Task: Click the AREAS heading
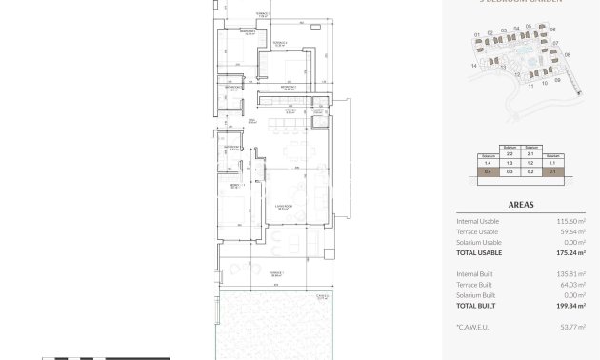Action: point(520,204)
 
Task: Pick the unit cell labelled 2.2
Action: point(510,154)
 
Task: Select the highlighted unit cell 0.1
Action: point(553,172)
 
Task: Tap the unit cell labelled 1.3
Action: point(510,164)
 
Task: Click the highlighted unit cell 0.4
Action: point(488,172)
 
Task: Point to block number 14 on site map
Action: point(473,66)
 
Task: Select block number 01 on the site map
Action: point(477,35)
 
